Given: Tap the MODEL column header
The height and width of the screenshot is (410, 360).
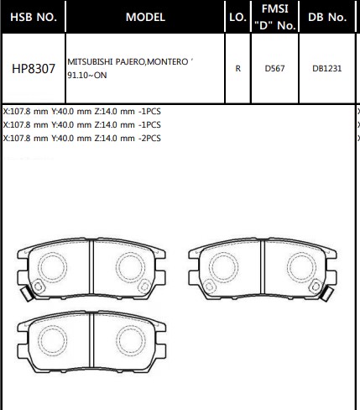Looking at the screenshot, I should (144, 17).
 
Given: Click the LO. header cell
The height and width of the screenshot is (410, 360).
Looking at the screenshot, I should (237, 17).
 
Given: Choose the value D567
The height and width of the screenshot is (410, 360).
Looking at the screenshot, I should (275, 69).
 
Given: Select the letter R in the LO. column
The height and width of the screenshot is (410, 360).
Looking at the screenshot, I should (237, 69).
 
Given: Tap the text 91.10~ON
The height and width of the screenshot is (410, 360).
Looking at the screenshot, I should (86, 76).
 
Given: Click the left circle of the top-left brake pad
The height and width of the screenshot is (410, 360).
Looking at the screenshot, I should (53, 268).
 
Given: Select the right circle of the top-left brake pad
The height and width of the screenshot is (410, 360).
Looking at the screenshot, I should (128, 268).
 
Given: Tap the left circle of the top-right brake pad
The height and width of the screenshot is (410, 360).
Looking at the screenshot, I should (222, 268).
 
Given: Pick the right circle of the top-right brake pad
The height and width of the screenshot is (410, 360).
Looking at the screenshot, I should (298, 268).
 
